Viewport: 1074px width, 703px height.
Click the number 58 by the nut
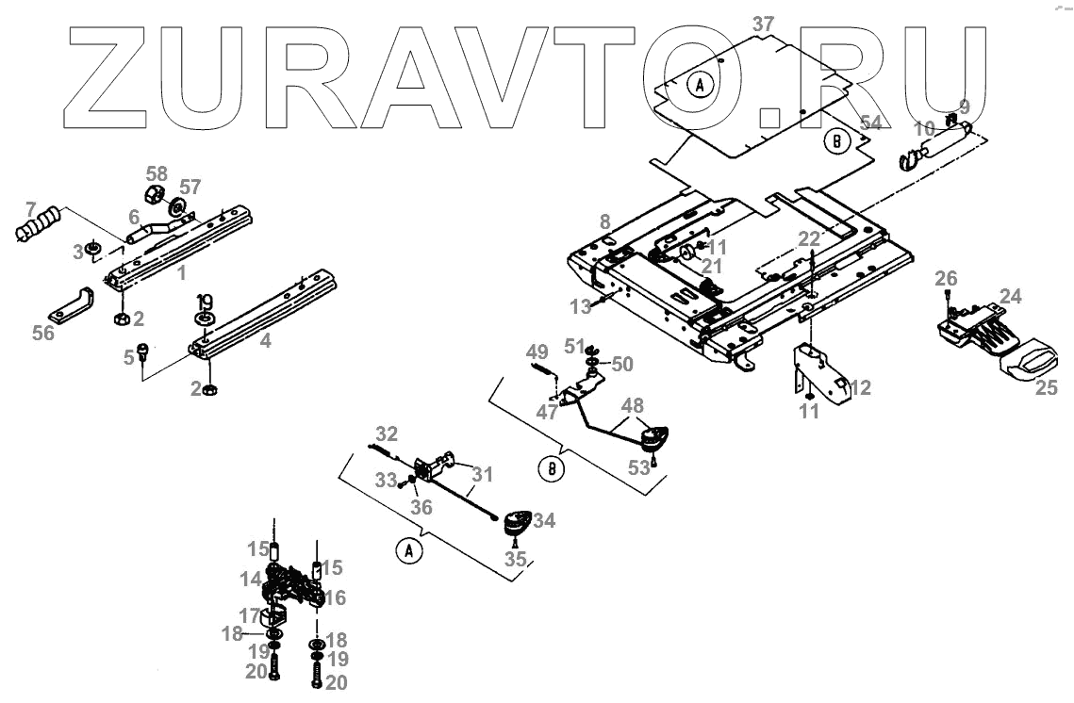tap(157, 174)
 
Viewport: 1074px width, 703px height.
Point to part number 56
tap(43, 332)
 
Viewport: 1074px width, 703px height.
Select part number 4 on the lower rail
tap(266, 341)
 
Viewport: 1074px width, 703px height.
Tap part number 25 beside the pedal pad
tap(1047, 387)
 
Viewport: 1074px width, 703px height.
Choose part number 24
tap(1011, 297)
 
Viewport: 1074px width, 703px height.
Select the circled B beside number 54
tap(835, 142)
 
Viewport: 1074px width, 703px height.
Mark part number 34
tap(545, 520)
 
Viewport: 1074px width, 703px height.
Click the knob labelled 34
tap(515, 522)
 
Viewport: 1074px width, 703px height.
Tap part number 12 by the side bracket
tap(860, 386)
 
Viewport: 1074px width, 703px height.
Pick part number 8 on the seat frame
tap(604, 223)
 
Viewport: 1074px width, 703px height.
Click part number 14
tap(250, 579)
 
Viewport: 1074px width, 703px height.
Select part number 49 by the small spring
tap(537, 352)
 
